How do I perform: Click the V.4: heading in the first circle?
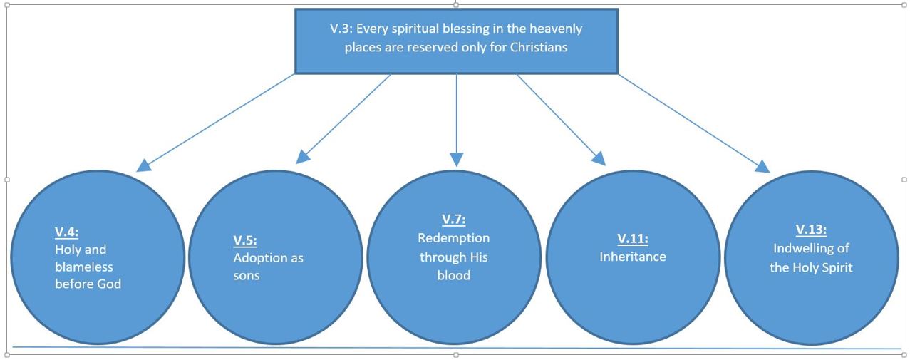pos(66,232)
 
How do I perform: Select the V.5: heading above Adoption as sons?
pos(245,240)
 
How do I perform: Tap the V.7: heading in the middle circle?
pos(454,220)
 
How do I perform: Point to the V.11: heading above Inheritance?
pos(633,239)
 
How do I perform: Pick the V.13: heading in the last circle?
pos(811,230)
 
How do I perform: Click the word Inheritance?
pos(633,257)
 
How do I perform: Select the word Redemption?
pos(454,239)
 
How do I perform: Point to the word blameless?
pos(84,267)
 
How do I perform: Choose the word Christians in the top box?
pos(539,48)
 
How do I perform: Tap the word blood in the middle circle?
pos(454,275)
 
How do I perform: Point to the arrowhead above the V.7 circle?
pos(457,160)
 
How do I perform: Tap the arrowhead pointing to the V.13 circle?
pos(763,166)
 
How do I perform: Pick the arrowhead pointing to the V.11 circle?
pos(599,158)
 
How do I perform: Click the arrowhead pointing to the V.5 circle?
pos(303,157)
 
